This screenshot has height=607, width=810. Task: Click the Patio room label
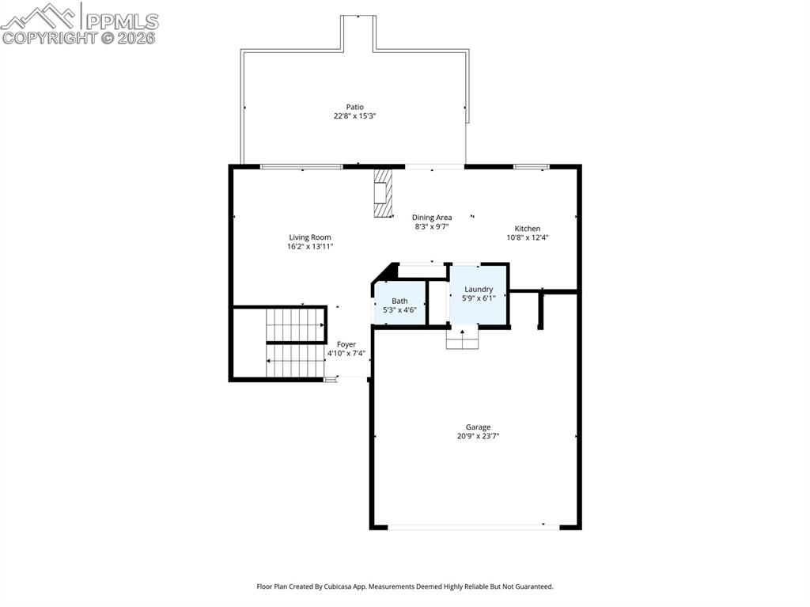354,107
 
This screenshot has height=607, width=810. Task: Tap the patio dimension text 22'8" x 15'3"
354,116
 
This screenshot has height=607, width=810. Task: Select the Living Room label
309,237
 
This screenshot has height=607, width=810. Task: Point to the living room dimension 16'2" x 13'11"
309,247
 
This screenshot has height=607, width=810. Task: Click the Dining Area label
432,218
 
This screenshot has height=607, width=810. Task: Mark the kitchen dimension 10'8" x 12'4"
528,237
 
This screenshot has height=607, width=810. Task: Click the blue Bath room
399,304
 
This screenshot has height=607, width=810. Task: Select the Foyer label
346,344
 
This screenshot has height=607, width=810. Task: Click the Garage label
478,427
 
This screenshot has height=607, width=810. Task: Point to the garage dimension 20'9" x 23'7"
478,436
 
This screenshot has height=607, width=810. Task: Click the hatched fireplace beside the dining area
383,192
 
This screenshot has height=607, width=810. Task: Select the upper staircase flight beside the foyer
295,324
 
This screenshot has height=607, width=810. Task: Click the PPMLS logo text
121,21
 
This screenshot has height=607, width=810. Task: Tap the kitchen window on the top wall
531,166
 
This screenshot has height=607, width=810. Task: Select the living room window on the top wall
301,166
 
